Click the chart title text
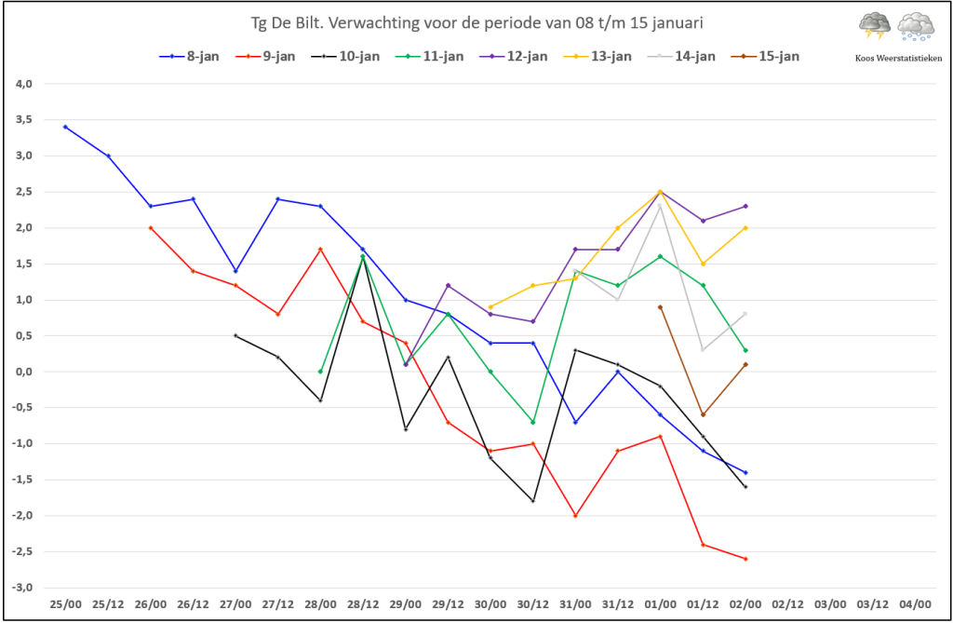[x=477, y=23]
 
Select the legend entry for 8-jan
[x=189, y=57]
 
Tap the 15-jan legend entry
[x=766, y=57]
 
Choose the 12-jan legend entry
[x=514, y=57]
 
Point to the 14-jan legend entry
[x=681, y=57]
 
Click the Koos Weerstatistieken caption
[x=898, y=59]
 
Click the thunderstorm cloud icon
[x=875, y=26]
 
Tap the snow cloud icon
[x=916, y=27]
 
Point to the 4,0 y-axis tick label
[x=24, y=84]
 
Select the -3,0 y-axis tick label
[x=22, y=588]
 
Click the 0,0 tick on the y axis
[x=24, y=372]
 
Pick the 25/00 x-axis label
[x=66, y=604]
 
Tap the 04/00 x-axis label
[x=916, y=604]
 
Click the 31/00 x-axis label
[x=575, y=604]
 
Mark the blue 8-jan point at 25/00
[x=66, y=128]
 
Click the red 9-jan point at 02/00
[x=745, y=559]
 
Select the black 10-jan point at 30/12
[x=533, y=501]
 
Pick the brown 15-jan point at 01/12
[x=704, y=415]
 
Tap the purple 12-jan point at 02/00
[x=745, y=206]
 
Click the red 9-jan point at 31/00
[x=575, y=516]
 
